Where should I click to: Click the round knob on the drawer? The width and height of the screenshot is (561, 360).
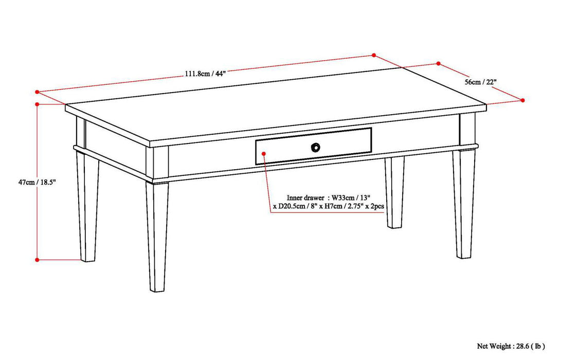tap(315, 147)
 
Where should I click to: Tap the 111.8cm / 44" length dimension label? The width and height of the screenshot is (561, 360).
tap(205, 73)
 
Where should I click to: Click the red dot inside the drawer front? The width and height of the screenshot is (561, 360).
tap(264, 153)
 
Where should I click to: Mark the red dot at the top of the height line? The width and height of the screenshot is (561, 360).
tap(37, 104)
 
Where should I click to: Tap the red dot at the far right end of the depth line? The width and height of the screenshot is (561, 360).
tap(523, 100)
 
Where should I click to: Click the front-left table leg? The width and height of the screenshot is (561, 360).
tap(156, 237)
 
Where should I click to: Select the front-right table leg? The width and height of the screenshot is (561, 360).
tap(464, 206)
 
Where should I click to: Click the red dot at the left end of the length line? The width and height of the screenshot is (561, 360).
tap(37, 92)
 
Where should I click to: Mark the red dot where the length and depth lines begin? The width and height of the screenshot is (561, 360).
tap(374, 55)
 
